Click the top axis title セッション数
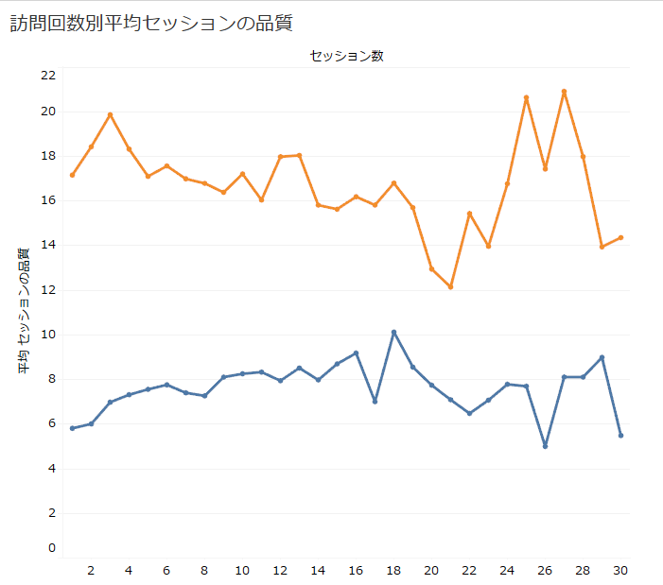tap(346, 56)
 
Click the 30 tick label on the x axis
tap(620, 570)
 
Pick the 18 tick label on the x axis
tap(393, 570)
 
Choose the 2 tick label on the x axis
tap(91, 570)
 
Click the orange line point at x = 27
tap(564, 92)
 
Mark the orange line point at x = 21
tap(450, 286)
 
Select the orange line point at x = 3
tap(110, 115)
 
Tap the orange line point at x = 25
tap(526, 97)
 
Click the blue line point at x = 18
tap(393, 333)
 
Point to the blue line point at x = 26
tap(545, 446)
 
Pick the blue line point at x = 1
tap(72, 428)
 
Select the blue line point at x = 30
tap(620, 436)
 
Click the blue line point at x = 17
tap(375, 402)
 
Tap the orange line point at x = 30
tap(620, 237)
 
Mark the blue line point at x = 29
tap(602, 357)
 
